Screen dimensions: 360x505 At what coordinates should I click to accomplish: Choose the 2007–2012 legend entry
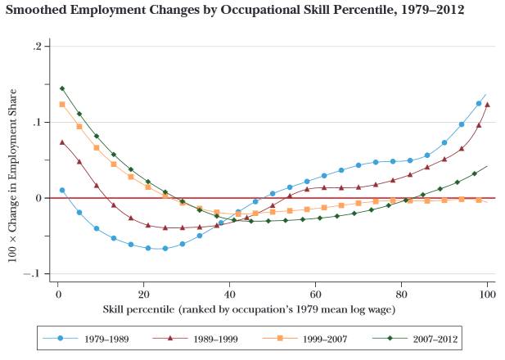417,337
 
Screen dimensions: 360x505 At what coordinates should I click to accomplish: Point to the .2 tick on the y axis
35,47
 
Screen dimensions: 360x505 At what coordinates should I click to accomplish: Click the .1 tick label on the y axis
35,123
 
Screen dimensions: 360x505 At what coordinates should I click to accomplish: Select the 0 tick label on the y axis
37,198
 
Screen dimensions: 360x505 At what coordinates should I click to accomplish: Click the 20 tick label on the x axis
144,293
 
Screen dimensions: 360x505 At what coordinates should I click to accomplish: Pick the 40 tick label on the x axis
230,293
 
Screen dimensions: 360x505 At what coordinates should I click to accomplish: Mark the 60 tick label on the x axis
316,293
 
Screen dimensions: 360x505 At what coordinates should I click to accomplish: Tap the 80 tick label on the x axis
402,293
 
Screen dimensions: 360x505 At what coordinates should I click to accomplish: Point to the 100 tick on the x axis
488,293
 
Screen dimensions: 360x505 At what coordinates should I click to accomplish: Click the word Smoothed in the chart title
39,11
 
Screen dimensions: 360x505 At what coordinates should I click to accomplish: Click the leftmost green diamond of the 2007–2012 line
61,88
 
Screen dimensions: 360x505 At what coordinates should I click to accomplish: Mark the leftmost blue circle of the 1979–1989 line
61,190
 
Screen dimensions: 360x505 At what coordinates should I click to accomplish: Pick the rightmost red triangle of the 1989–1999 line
487,105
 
